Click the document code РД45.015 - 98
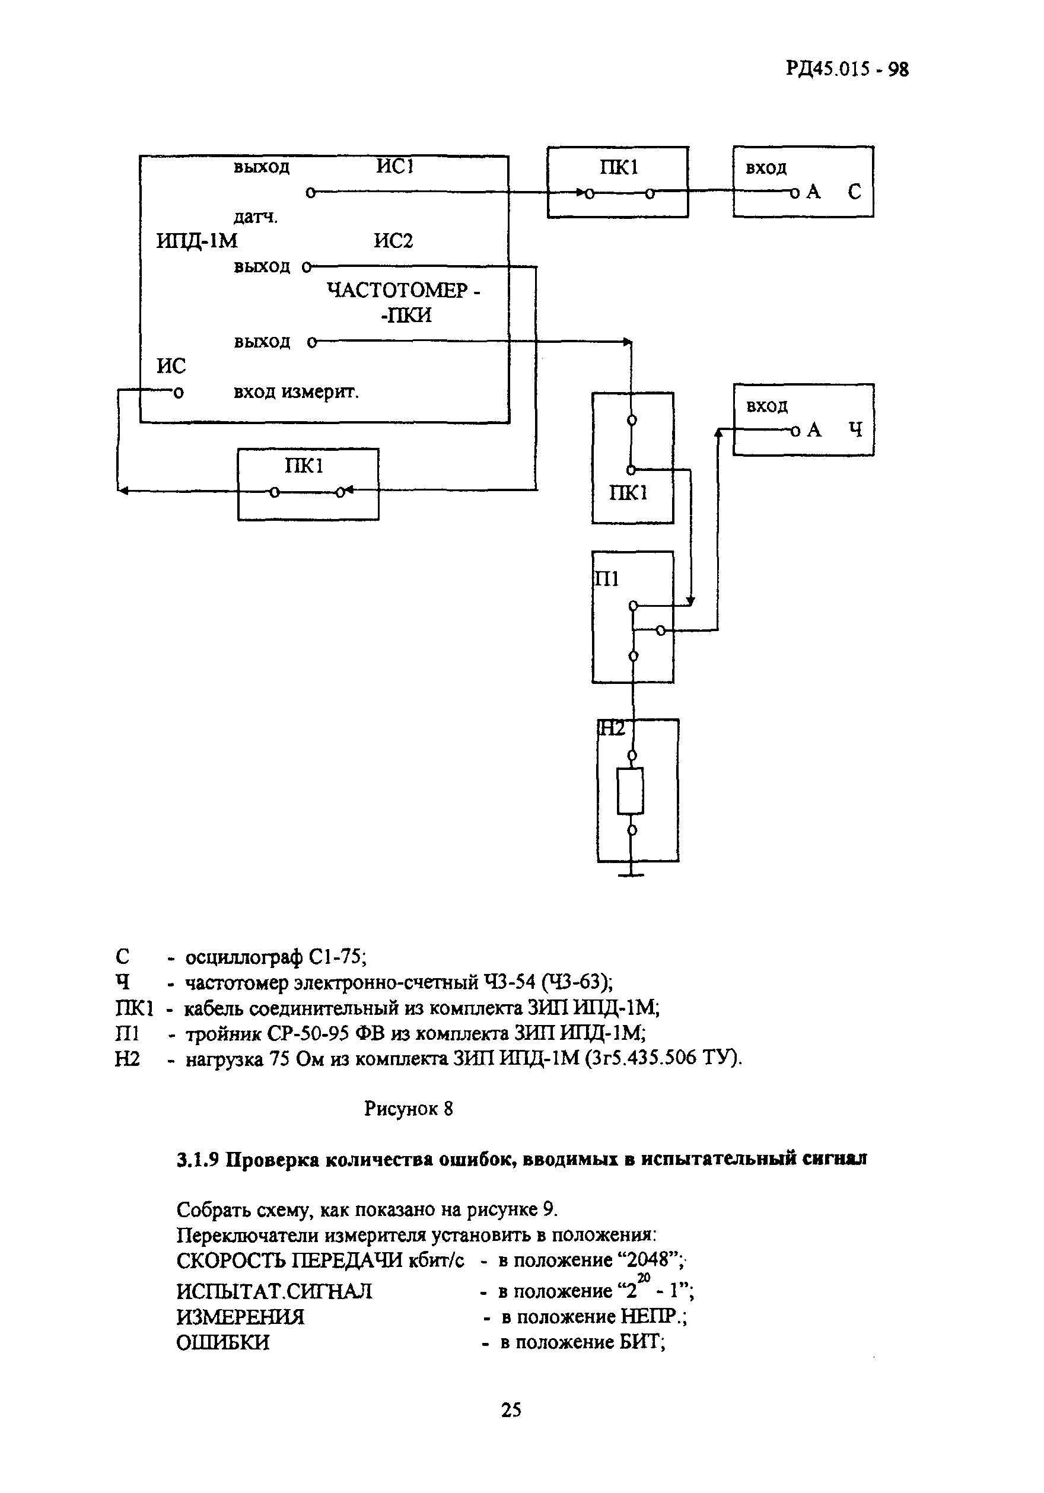[846, 69]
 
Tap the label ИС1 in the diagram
[395, 167]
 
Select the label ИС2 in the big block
[393, 241]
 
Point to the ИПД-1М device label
[196, 241]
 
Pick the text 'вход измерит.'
[296, 392]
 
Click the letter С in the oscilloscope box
[854, 192]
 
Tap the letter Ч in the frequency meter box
[855, 430]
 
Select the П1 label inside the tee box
[607, 579]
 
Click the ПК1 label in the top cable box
[619, 168]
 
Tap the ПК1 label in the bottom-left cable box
[304, 466]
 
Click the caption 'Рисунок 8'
[408, 1108]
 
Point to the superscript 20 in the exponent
[644, 1277]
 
